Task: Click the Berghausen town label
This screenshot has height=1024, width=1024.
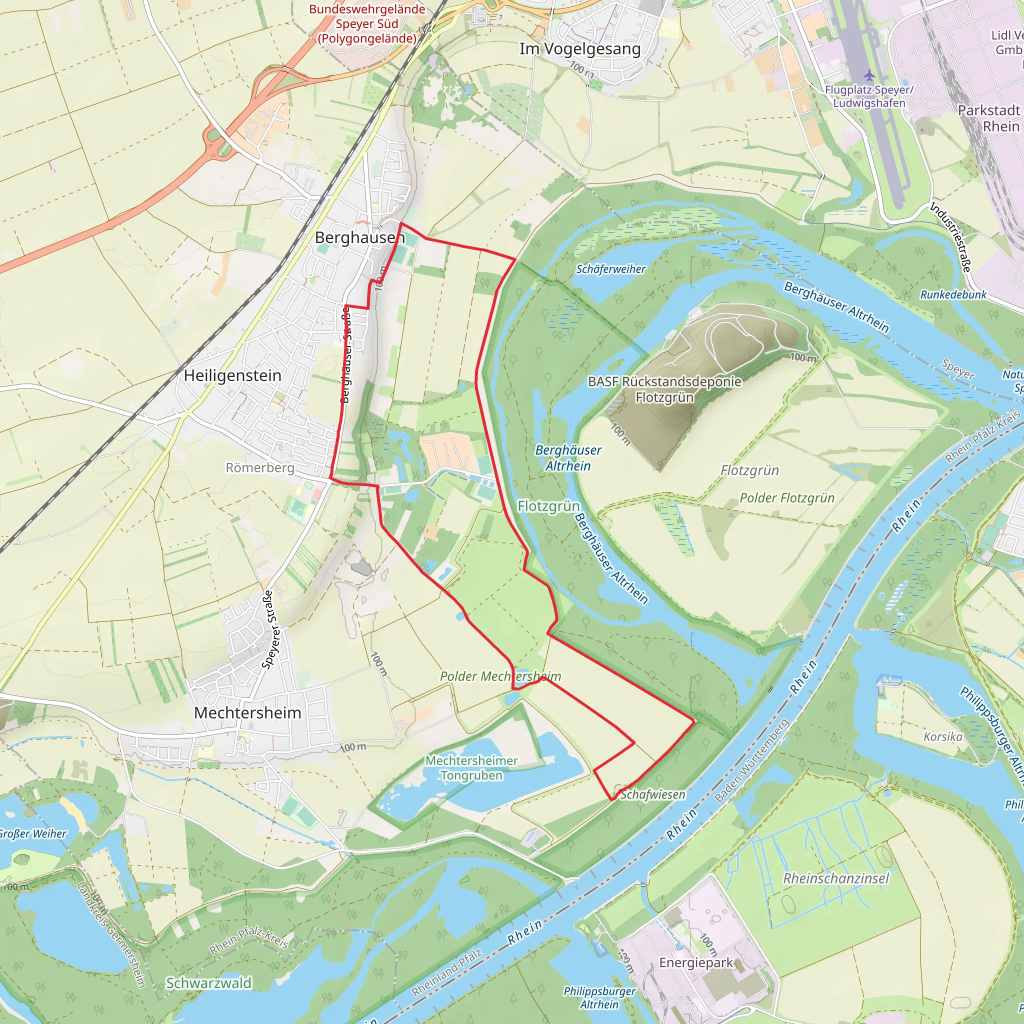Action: pos(359,237)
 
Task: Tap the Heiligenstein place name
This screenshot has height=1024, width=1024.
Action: pos(232,376)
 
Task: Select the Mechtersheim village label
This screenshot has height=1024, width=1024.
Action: pos(247,713)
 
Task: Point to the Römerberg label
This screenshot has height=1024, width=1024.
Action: pos(259,468)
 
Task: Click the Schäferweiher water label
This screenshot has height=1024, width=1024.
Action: pos(610,269)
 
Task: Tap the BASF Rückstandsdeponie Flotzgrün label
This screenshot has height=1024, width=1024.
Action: pos(664,389)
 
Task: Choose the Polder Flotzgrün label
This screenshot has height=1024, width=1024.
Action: pos(786,497)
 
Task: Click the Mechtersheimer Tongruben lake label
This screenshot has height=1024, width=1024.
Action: pos(471,768)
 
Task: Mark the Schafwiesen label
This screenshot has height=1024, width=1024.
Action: pos(652,794)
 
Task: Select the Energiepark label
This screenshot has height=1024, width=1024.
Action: pos(696,962)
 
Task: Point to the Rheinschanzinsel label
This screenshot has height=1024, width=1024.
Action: pos(836,878)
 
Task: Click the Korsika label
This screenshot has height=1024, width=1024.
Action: pos(942,736)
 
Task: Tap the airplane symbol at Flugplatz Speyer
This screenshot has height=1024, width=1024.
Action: pos(869,74)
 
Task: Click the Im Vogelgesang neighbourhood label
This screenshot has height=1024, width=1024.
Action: pos(580,49)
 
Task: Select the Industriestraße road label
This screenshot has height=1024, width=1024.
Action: pos(951,237)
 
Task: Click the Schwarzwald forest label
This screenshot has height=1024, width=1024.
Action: pos(208,983)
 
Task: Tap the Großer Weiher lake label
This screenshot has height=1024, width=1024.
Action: pos(33,833)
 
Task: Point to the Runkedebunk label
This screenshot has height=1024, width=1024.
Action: pos(953,294)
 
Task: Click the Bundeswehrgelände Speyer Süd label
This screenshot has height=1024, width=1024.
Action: pos(367,24)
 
